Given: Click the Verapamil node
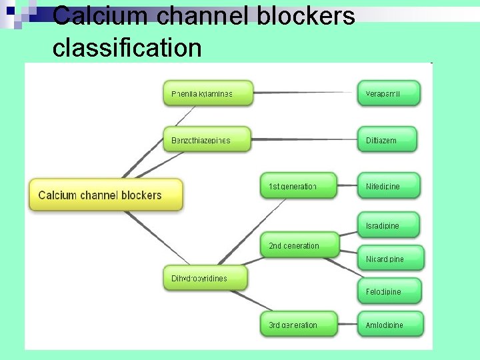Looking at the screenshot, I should [x=389, y=93].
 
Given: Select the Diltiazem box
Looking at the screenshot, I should [x=387, y=140].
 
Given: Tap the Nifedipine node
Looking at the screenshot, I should [x=389, y=186].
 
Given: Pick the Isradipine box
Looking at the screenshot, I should [x=389, y=225].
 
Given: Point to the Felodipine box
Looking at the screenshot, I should [x=389, y=291].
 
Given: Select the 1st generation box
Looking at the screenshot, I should [x=298, y=186].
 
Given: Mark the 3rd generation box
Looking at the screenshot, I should [x=298, y=325].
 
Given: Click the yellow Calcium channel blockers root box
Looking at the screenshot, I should [x=105, y=195].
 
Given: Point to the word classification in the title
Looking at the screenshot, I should [x=127, y=47].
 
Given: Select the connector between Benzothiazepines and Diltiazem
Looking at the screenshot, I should [x=304, y=139].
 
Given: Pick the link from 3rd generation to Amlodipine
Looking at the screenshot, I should [x=347, y=325].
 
